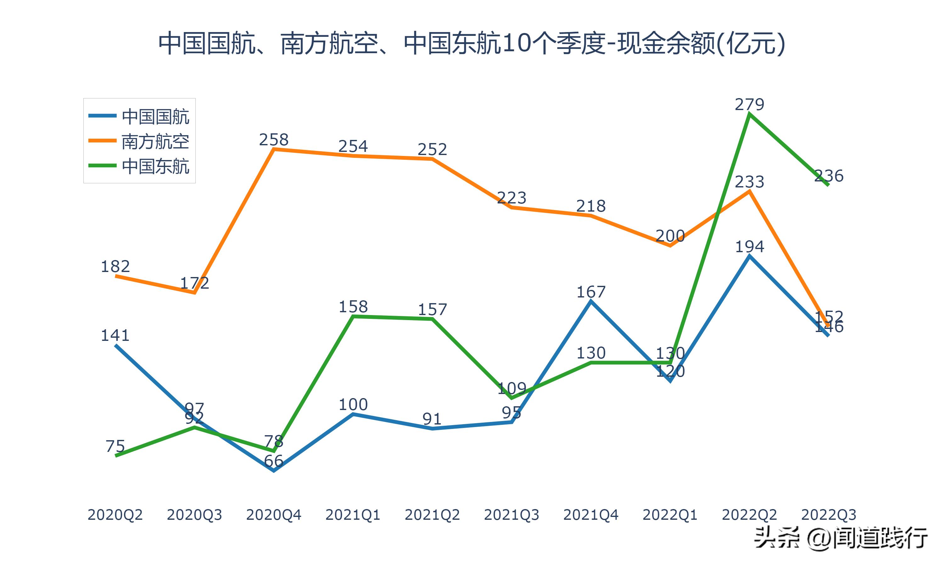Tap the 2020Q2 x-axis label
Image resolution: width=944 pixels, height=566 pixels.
click(x=115, y=515)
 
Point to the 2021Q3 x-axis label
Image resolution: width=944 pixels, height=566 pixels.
click(x=511, y=515)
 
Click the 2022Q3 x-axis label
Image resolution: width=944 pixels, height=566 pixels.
click(x=829, y=515)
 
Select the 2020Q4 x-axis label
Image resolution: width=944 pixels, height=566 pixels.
click(x=273, y=515)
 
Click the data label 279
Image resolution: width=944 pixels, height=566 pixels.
click(x=750, y=104)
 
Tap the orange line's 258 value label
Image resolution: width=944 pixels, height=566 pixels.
click(x=273, y=140)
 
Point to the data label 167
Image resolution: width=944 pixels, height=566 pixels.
click(x=591, y=292)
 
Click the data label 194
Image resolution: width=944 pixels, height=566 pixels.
click(x=750, y=247)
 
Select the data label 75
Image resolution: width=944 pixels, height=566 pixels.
click(x=115, y=446)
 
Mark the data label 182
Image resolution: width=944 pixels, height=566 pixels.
click(x=115, y=266)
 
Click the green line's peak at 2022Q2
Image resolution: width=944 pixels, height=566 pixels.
click(x=750, y=114)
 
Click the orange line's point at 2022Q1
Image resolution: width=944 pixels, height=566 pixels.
click(x=670, y=246)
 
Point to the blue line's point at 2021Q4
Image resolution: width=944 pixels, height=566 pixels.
click(x=591, y=302)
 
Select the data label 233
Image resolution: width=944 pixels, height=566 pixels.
click(x=750, y=182)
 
